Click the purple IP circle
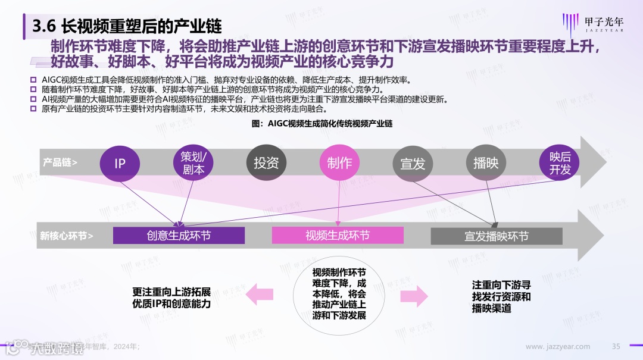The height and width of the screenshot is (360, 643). (x=120, y=163)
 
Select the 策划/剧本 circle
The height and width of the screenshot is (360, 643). (x=193, y=163)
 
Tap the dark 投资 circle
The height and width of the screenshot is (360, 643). (x=266, y=163)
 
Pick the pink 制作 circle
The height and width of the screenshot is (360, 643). (x=339, y=163)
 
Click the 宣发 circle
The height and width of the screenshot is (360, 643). (x=413, y=163)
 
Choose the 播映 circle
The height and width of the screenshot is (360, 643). (x=486, y=163)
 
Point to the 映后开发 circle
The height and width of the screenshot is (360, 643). (x=560, y=163)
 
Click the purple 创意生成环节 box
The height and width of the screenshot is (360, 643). (x=179, y=236)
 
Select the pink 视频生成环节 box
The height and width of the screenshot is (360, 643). (x=338, y=236)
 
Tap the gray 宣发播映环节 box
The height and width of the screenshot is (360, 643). (x=497, y=236)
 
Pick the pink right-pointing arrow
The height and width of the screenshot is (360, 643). (x=414, y=296)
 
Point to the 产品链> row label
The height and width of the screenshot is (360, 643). (x=60, y=162)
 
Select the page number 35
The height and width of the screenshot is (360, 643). (x=616, y=346)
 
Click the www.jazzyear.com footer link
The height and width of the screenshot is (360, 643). (x=558, y=346)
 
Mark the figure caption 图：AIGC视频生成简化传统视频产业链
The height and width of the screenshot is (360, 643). (x=322, y=123)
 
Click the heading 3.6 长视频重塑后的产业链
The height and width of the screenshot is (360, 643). (x=126, y=26)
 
